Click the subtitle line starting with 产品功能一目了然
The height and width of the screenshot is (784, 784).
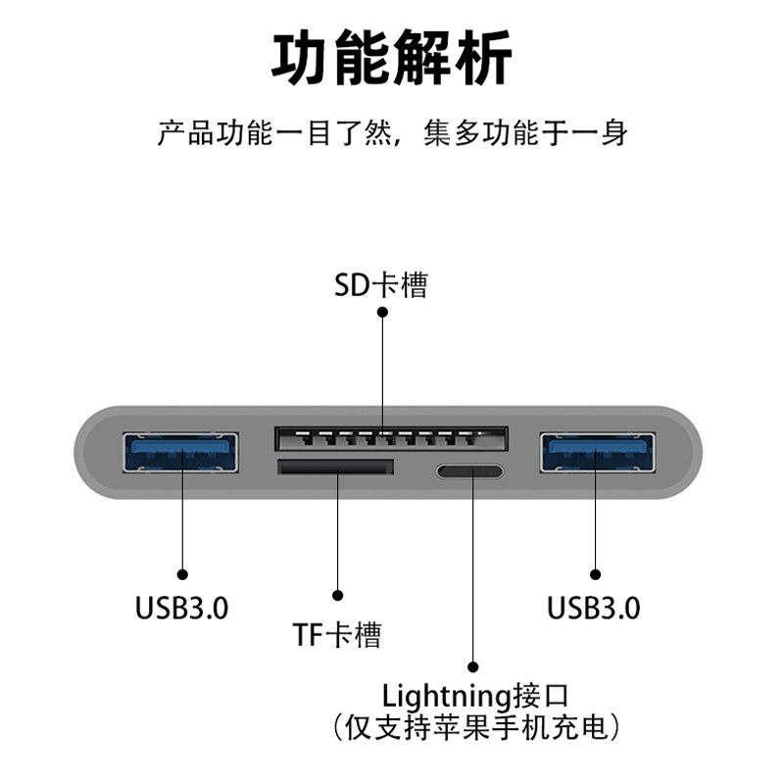[x=391, y=132]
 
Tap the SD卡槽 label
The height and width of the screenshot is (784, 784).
[x=381, y=285]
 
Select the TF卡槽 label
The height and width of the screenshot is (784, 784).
[x=336, y=635]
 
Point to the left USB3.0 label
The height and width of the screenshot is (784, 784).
[x=181, y=608]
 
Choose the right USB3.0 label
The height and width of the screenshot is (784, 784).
[x=594, y=608]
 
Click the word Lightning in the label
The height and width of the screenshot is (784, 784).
[x=447, y=697]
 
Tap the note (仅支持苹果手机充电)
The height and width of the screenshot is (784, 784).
[x=475, y=727]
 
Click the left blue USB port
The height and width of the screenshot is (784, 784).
[x=181, y=454]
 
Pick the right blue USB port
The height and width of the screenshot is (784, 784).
[x=596, y=454]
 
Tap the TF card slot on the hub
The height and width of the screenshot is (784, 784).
[x=335, y=467]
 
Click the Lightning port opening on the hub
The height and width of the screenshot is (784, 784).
[x=470, y=471]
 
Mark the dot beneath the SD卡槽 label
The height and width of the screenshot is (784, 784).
[x=382, y=313]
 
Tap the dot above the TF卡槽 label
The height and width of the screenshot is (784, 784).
[x=337, y=595]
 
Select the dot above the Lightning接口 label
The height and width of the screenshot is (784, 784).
[x=472, y=665]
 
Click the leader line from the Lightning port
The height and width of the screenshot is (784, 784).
[x=472, y=568]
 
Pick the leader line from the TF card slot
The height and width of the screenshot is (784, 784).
[x=337, y=534]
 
